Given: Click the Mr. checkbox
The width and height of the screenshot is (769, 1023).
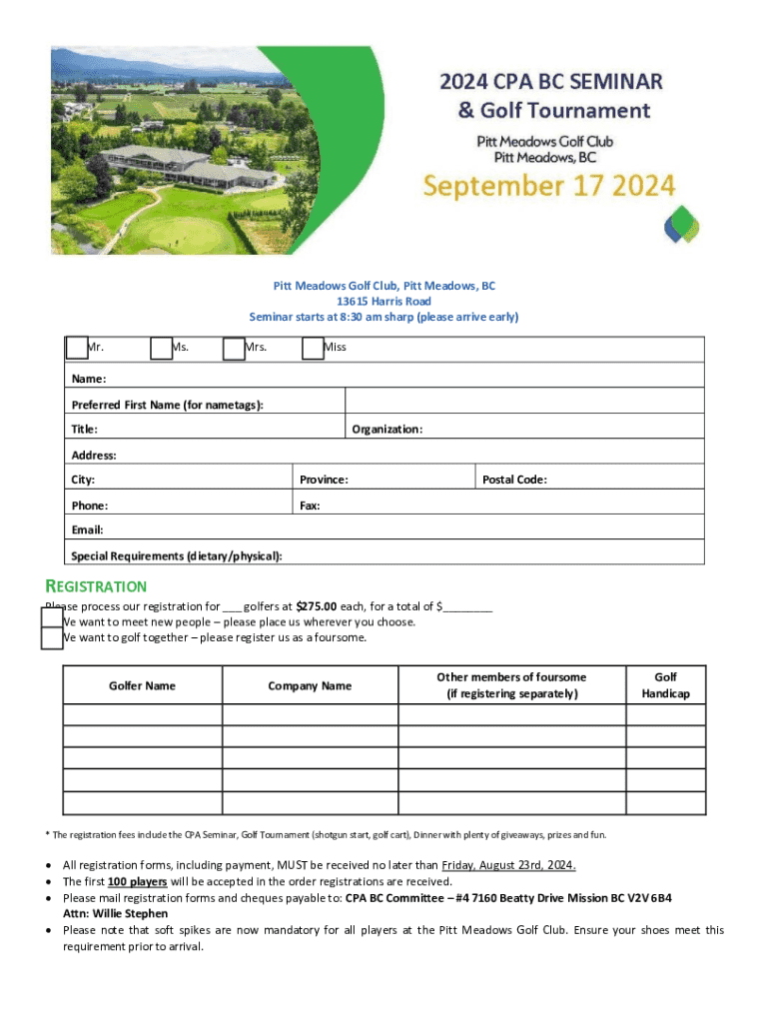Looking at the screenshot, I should pyautogui.click(x=77, y=348).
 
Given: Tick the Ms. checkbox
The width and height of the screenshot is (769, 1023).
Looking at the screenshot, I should pyautogui.click(x=161, y=348).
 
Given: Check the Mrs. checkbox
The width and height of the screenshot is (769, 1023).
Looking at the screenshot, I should pyautogui.click(x=234, y=348).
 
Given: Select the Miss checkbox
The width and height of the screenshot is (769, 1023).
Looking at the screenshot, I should pyautogui.click(x=313, y=348).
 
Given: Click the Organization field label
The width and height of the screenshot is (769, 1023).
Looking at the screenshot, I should pyautogui.click(x=386, y=430).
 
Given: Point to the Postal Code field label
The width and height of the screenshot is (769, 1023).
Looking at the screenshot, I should pyautogui.click(x=514, y=480).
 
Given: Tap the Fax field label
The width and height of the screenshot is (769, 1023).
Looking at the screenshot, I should pyautogui.click(x=310, y=506).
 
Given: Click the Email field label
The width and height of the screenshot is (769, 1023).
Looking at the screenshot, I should pyautogui.click(x=87, y=530).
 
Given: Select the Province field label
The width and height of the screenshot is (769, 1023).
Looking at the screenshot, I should pyautogui.click(x=324, y=480).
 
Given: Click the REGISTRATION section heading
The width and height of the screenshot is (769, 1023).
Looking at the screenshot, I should pyautogui.click(x=97, y=586).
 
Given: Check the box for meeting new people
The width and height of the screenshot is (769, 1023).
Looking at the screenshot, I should pyautogui.click(x=52, y=619).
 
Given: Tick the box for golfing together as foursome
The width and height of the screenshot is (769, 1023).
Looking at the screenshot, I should pyautogui.click(x=52, y=638).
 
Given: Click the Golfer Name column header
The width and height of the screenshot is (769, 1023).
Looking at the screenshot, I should pyautogui.click(x=142, y=685).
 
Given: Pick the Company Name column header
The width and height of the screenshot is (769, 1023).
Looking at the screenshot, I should pyautogui.click(x=310, y=685).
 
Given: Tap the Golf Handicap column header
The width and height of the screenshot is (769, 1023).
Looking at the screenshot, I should pyautogui.click(x=665, y=685).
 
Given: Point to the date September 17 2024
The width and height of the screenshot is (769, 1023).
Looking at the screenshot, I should pyautogui.click(x=548, y=186).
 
